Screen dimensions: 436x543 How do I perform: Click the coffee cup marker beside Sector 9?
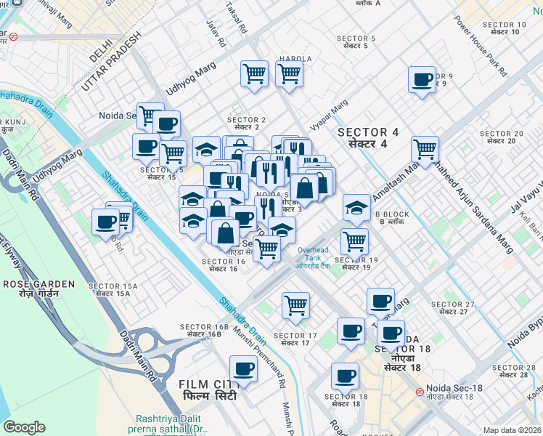(x=422, y=80)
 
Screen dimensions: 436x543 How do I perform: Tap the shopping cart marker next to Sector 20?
(x=425, y=150)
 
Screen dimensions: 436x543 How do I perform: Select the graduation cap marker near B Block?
(x=356, y=208)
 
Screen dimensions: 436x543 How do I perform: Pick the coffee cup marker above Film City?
(x=244, y=368)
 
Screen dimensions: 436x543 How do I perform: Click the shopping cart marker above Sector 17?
(x=295, y=305)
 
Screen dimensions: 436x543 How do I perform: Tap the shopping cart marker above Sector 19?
(x=354, y=241)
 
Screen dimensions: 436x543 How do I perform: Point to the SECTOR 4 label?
(x=368, y=132)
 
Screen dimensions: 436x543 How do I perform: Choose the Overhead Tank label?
(x=314, y=251)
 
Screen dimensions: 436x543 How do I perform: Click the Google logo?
(x=25, y=427)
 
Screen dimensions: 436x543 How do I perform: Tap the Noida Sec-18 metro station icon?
(x=419, y=391)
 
